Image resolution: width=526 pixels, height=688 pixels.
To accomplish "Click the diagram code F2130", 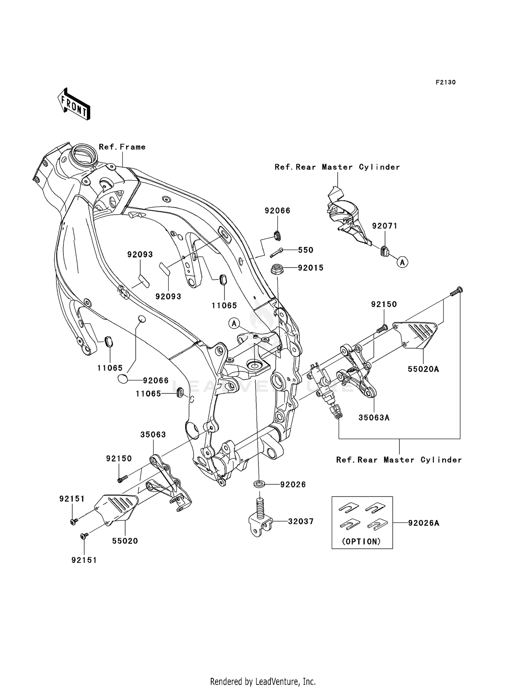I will (445, 82).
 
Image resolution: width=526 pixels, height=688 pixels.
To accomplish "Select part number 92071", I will (385, 226).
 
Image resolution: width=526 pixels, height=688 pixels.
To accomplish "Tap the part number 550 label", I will (305, 250).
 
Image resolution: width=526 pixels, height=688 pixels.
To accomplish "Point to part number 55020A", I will (423, 369).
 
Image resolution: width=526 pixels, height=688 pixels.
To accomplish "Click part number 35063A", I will (374, 418).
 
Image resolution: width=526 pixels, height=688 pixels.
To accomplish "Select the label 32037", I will (301, 521).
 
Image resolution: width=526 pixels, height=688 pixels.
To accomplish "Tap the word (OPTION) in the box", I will (361, 541).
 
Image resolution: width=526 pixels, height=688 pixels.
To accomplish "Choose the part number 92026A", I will (423, 523).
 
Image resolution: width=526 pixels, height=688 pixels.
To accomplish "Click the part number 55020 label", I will (125, 541).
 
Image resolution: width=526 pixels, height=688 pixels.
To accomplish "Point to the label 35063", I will (153, 434).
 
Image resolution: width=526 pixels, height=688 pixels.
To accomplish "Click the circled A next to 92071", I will (403, 262).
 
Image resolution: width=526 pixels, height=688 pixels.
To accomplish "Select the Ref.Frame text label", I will (122, 147).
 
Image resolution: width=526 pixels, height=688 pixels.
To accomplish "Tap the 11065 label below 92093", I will (224, 305).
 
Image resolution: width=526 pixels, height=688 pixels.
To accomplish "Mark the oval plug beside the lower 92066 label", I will (122, 379).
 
